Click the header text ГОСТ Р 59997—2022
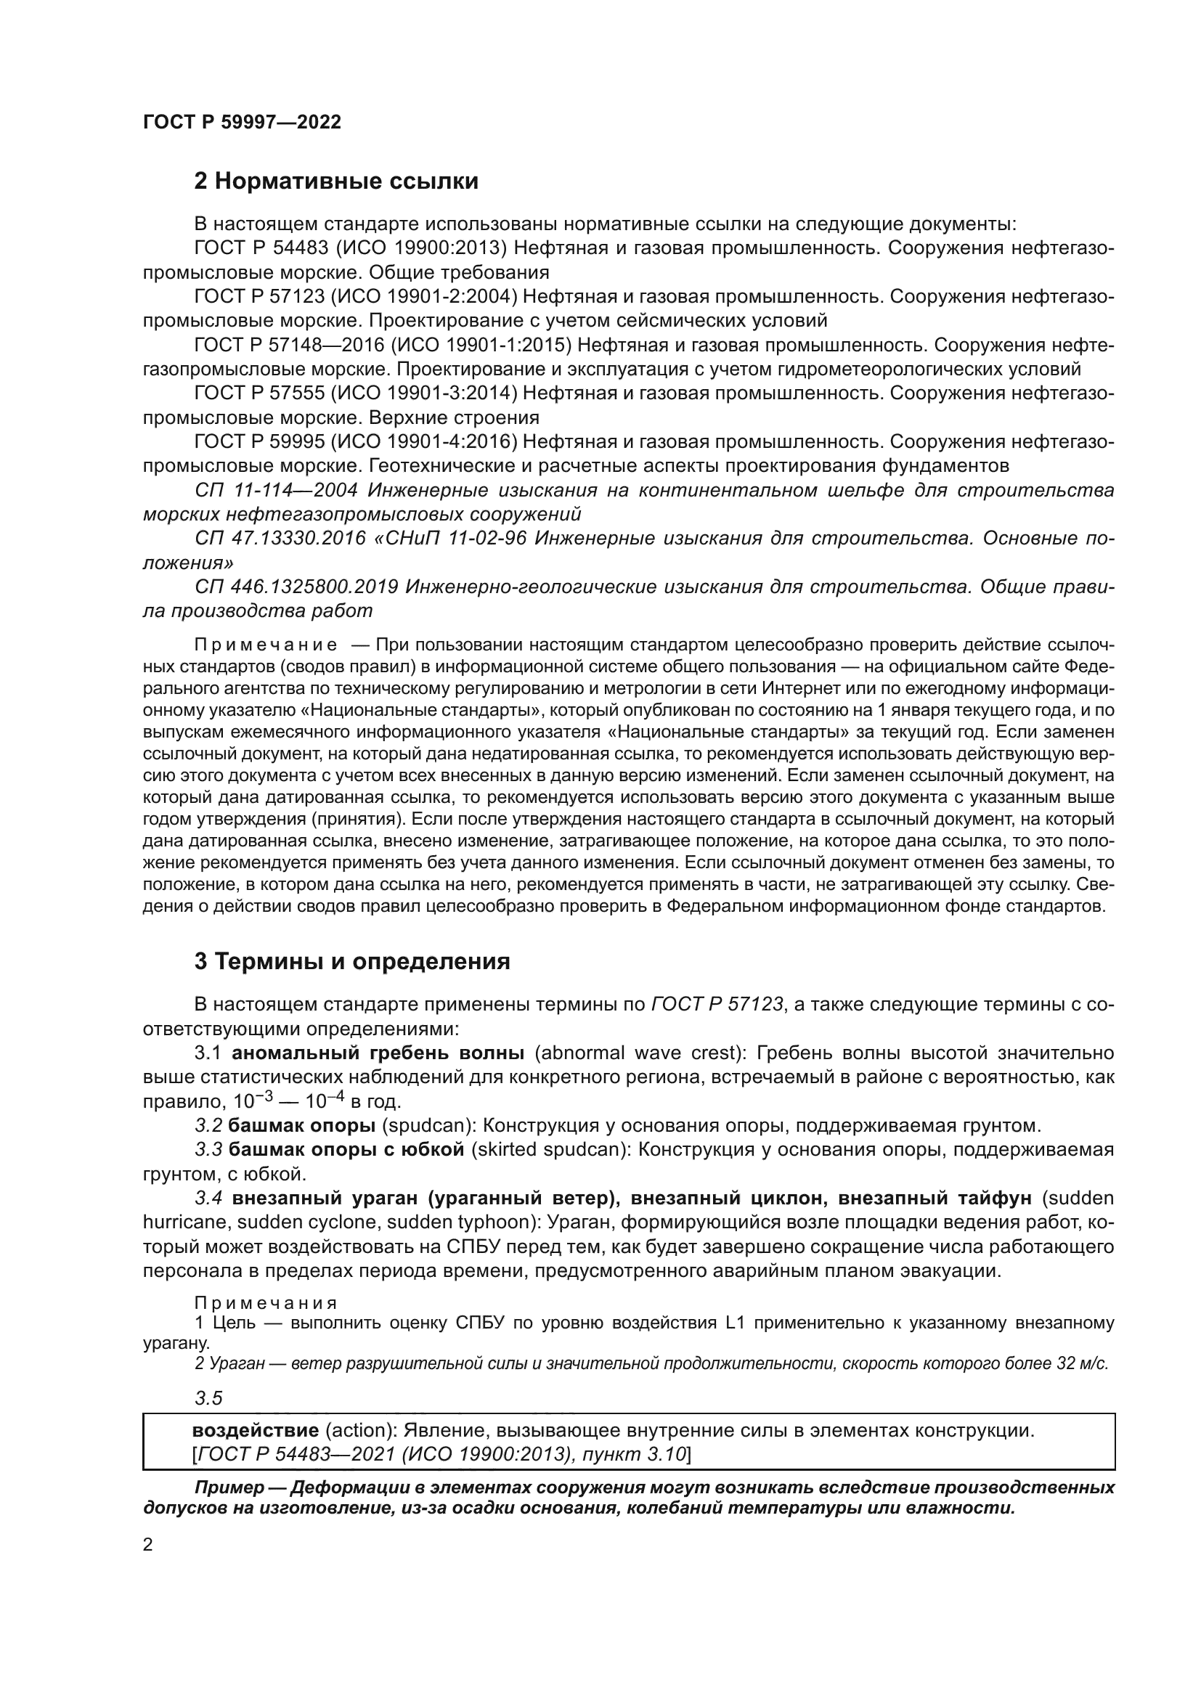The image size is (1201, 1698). coord(242,123)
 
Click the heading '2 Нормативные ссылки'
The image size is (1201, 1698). coord(335,181)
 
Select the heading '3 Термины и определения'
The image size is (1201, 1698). coord(352,961)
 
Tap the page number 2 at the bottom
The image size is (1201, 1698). coord(148,1545)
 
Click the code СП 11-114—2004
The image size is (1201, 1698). coord(277,490)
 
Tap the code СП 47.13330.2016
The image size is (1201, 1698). coord(280,539)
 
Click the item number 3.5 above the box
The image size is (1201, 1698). coord(208,1398)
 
